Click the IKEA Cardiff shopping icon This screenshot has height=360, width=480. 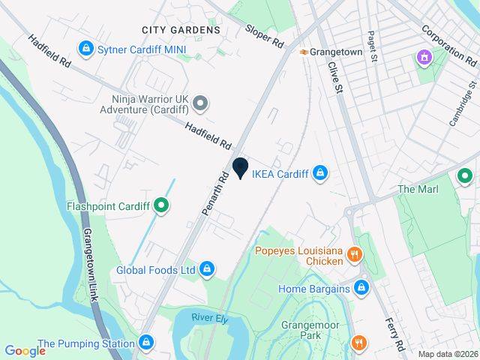[320, 174]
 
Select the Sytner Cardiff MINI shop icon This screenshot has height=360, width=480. [87, 49]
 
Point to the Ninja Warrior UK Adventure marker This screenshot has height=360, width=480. [199, 103]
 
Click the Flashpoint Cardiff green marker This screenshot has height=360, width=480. [160, 205]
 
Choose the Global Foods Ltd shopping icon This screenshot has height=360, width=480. [207, 269]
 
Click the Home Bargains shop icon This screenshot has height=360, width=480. [361, 288]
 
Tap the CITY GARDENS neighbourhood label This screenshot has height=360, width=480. [181, 30]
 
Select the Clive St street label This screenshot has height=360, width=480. [334, 77]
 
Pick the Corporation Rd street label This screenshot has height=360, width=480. [450, 45]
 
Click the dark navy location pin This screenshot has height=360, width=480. [240, 168]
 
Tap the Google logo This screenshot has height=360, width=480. [25, 350]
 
